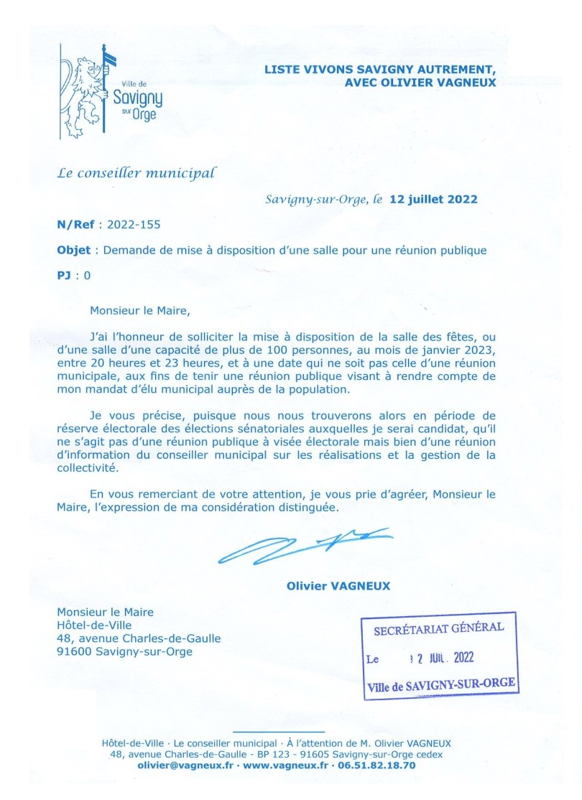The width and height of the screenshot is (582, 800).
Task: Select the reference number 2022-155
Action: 134,224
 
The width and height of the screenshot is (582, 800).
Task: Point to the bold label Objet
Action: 73,250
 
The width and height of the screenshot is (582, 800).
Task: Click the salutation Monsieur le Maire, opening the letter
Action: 141,311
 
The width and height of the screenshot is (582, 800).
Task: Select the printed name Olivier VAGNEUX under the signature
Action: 338,585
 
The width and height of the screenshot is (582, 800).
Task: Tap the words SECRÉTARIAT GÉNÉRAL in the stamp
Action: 439,628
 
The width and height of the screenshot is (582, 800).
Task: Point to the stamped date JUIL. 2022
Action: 447,658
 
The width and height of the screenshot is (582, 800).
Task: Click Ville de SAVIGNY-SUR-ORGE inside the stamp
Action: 441,685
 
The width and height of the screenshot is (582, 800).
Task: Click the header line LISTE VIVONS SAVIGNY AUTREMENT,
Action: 380,70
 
